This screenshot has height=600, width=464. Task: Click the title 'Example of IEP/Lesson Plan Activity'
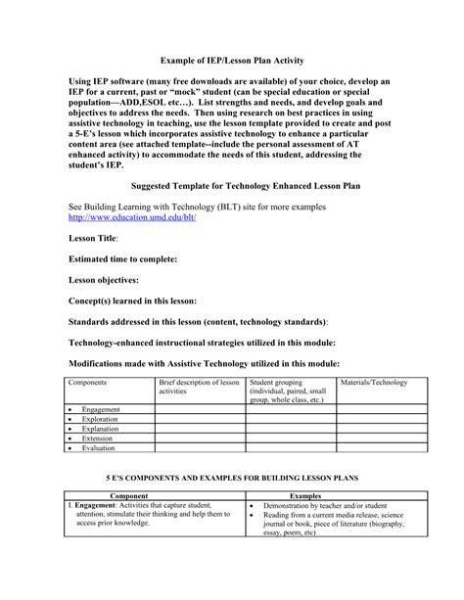(232, 60)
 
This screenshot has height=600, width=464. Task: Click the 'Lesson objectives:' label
(104, 280)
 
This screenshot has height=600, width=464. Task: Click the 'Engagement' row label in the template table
(101, 409)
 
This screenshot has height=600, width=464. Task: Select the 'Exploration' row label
(101, 419)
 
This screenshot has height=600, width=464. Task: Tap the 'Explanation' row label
(101, 429)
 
